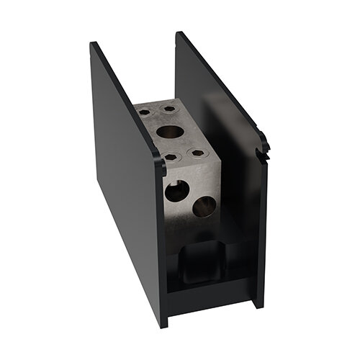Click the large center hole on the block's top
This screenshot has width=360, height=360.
[x=170, y=132]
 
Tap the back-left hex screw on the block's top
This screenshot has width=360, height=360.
[x=145, y=112]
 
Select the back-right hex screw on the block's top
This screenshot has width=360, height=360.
[x=169, y=109]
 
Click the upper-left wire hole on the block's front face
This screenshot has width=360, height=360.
[x=176, y=191]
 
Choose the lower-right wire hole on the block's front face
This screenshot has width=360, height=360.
[x=204, y=207]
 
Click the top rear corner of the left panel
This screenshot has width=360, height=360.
[x=93, y=45]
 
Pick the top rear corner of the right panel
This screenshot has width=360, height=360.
[x=179, y=33]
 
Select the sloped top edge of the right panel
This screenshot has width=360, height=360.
[x=220, y=83]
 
